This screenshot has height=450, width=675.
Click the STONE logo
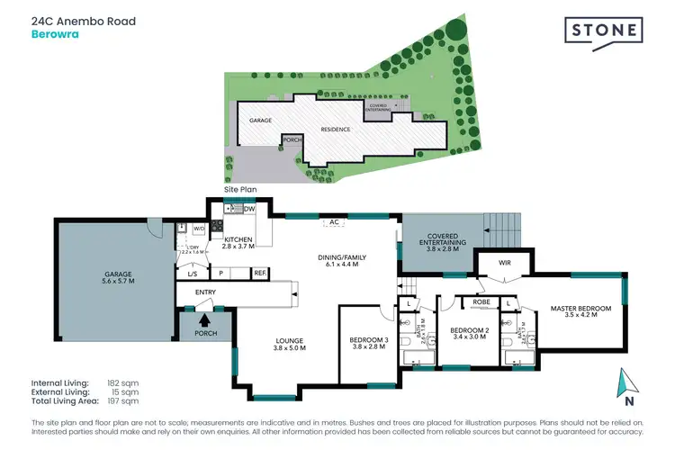coord(604,31)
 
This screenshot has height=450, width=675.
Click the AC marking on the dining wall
coord(333,220)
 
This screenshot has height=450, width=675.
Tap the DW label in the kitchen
coord(249,210)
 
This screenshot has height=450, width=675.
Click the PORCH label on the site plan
coord(291,139)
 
